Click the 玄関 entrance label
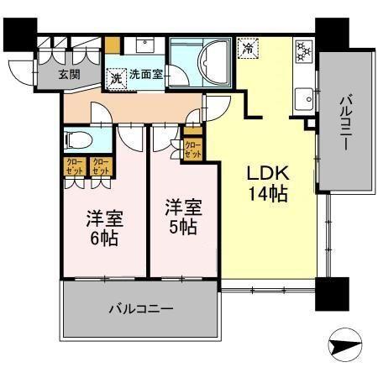click(70, 74)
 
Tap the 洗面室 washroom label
click(146, 74)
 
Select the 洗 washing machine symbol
click(116, 76)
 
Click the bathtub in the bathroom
click(204, 59)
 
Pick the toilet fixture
click(76, 141)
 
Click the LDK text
click(267, 175)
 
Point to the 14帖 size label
click(267, 196)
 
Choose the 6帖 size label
click(105, 238)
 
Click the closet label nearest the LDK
click(193, 149)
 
